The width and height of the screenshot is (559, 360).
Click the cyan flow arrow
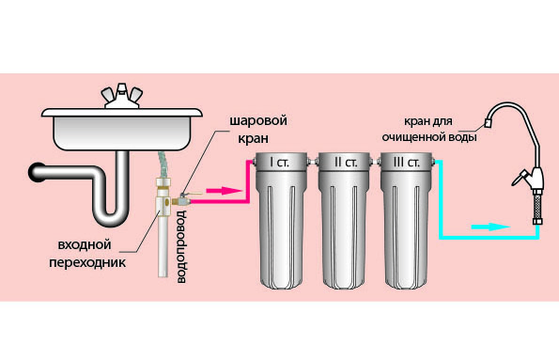(x=490, y=227)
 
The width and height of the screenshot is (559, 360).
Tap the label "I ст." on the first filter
(x=280, y=163)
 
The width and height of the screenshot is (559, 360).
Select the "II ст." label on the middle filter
(x=345, y=163)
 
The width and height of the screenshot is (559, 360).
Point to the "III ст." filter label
(x=407, y=163)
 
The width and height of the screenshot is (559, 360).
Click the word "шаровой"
(x=258, y=120)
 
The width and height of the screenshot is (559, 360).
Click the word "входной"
(x=85, y=245)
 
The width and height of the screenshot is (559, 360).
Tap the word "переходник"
(x=87, y=263)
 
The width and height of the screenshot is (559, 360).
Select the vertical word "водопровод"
(x=182, y=246)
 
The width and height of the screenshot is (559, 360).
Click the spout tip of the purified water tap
(x=487, y=123)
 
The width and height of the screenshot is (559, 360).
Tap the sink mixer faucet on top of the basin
(x=122, y=96)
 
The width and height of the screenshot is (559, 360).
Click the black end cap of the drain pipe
(x=35, y=173)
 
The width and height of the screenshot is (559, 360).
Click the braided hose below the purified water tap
(x=537, y=207)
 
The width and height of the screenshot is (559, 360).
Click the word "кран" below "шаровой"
(x=253, y=138)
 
